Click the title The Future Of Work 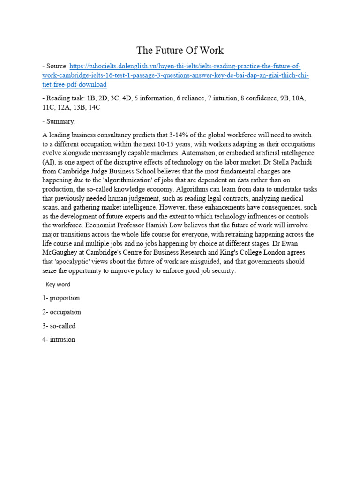[x=180, y=50]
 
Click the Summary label [x=61, y=121]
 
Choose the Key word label [x=58, y=284]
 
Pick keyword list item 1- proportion [x=61, y=298]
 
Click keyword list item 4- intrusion [x=59, y=339]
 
